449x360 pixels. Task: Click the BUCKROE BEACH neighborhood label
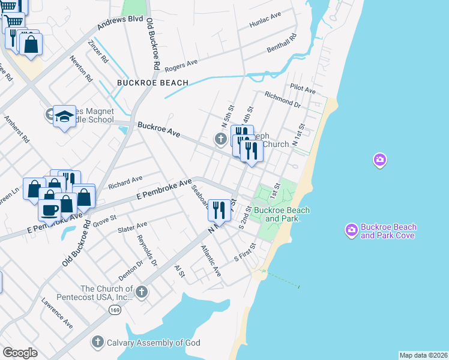pos(152,83)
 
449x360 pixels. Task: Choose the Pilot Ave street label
pos(303,89)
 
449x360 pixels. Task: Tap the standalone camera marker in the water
pos(379,160)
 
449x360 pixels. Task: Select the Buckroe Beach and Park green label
pos(282,214)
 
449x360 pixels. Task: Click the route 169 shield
pos(115,310)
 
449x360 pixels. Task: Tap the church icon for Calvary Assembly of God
pos(97,342)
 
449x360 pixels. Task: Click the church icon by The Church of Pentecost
pos(142,292)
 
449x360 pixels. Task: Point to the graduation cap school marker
pos(64,117)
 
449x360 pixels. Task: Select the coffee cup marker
pos(50,209)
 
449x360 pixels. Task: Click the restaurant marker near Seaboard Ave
pos(218,210)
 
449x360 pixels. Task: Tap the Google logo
pos(20,353)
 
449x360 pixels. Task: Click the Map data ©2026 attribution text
pos(423,355)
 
